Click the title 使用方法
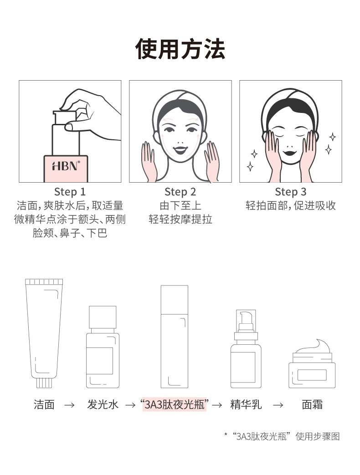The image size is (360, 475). (180, 48)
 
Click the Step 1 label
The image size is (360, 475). (70, 192)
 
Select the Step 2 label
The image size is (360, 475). (180, 192)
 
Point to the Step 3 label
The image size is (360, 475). (291, 192)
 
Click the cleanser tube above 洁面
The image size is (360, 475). (44, 333)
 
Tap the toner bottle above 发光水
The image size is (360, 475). (103, 347)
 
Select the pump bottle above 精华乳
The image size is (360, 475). (246, 349)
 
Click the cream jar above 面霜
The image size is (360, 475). (312, 364)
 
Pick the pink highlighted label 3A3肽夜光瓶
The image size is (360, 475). (174, 404)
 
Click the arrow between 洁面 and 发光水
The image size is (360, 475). (69, 405)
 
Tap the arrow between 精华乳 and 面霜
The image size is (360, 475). (278, 405)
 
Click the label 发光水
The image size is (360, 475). (103, 404)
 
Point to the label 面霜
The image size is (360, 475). (312, 404)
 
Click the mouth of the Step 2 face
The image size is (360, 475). (180, 150)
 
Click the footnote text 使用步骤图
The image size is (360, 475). (317, 436)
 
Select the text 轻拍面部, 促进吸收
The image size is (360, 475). (291, 205)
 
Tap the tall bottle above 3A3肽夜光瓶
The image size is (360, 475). (174, 337)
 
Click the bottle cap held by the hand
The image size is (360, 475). (65, 117)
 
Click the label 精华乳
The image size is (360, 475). (246, 404)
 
